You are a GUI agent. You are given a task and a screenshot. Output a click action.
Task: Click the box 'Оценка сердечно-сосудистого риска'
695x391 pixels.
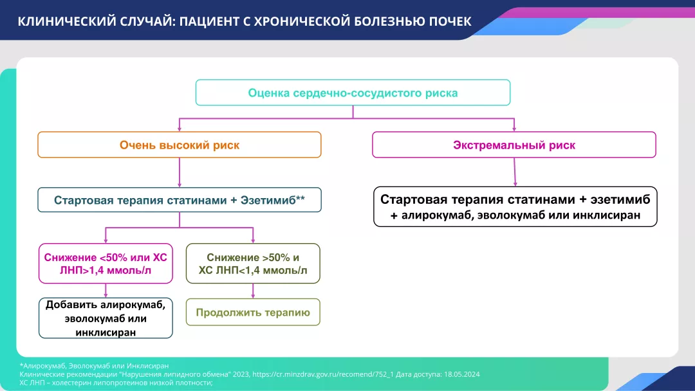(x=353, y=93)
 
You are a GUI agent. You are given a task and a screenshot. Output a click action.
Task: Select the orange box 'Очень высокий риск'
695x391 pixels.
(x=179, y=145)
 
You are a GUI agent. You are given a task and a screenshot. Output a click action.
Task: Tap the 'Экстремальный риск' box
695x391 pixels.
(x=514, y=145)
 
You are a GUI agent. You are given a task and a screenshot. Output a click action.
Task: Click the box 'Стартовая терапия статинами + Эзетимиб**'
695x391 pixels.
(x=179, y=200)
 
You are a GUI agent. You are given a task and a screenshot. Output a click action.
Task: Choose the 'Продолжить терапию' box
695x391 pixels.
(x=253, y=313)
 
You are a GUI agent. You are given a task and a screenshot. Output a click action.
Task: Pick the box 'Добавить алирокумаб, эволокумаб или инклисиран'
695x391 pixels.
(x=106, y=318)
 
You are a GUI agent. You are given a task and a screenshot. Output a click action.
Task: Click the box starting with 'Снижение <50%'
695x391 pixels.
(x=106, y=264)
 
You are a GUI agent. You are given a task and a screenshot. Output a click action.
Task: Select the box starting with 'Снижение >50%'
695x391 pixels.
(x=253, y=264)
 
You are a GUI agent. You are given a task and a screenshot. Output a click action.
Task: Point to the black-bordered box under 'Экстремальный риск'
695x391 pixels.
(x=515, y=206)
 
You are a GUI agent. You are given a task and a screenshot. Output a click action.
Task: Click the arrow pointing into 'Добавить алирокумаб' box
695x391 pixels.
(x=106, y=291)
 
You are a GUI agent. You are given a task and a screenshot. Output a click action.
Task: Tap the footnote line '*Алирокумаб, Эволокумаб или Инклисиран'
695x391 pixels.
(x=95, y=366)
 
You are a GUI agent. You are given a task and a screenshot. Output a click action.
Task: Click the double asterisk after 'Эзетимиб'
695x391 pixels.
(x=300, y=199)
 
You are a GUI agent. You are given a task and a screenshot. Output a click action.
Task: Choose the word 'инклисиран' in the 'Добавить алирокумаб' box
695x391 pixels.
(x=106, y=332)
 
